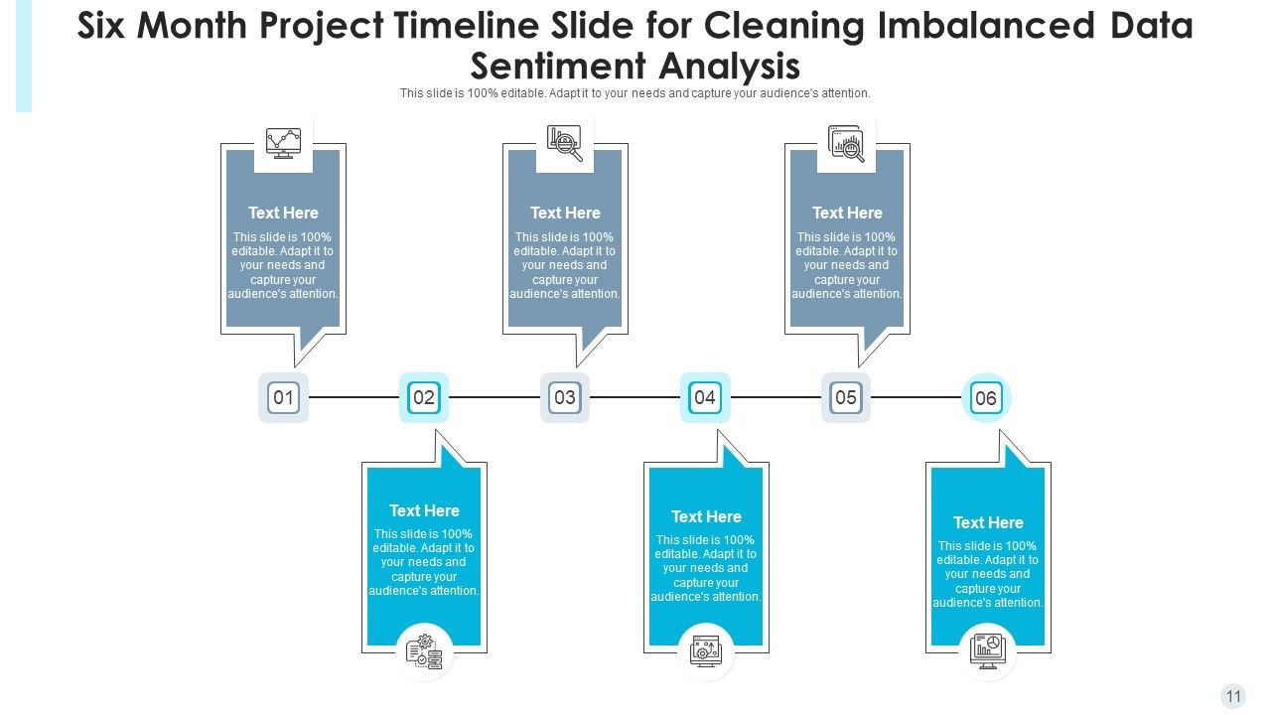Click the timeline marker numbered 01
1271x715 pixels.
coord(283,398)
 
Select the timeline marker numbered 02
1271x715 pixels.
coord(424,398)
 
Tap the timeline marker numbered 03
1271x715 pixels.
coord(565,398)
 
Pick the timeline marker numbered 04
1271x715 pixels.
coord(705,398)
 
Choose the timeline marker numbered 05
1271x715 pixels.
coord(846,398)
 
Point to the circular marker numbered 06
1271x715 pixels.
coord(986,399)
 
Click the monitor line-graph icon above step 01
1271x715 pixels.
coord(283,143)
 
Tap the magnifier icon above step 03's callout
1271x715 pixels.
coord(565,143)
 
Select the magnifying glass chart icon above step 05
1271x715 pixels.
coord(847,144)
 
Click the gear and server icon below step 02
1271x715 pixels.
coord(424,651)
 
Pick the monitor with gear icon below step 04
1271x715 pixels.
coord(705,651)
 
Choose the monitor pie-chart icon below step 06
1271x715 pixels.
coord(988,651)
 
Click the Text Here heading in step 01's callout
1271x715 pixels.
coord(283,213)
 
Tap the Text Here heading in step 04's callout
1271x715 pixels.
coord(706,516)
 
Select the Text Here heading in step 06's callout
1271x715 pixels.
coord(988,522)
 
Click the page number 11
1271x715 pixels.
coord(1233,696)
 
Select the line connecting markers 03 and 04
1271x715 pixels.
coord(635,397)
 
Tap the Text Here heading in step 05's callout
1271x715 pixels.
coord(847,213)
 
